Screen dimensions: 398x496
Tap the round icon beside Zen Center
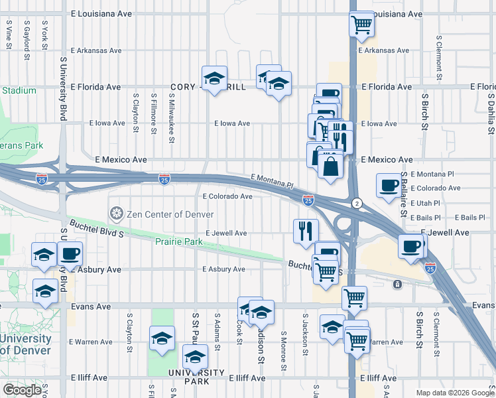pyautogui.click(x=116, y=214)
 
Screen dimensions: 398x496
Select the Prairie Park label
pyautogui.click(x=178, y=242)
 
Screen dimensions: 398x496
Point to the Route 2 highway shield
pyautogui.click(x=357, y=202)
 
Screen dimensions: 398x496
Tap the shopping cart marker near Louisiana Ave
pyautogui.click(x=361, y=25)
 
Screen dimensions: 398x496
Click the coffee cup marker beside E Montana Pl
pyautogui.click(x=388, y=186)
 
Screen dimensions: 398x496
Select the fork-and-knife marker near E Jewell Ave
pyautogui.click(x=306, y=231)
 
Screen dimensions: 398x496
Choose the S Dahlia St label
pyautogui.click(x=491, y=109)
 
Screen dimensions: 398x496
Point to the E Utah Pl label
pyautogui.click(x=426, y=203)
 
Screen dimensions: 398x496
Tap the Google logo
pyautogui.click(x=22, y=390)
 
